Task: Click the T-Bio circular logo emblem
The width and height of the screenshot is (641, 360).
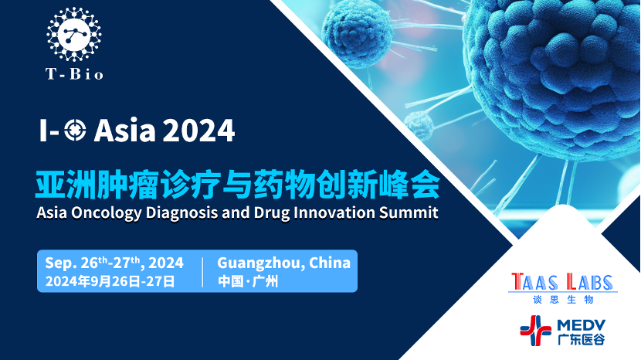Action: tap(74, 34)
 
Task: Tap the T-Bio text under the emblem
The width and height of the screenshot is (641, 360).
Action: tap(74, 74)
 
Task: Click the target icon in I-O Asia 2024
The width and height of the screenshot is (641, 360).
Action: tap(75, 131)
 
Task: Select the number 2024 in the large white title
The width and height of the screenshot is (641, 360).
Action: tap(199, 131)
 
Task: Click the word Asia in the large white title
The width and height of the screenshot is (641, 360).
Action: tap(124, 131)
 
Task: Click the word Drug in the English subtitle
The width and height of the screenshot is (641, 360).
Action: tap(271, 213)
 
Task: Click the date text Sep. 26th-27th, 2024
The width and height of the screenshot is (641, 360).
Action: tap(114, 263)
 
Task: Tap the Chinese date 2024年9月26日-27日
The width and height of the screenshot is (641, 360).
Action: tap(110, 281)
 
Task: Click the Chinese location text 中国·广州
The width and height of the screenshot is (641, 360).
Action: tap(248, 281)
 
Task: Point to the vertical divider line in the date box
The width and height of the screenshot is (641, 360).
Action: tap(203, 272)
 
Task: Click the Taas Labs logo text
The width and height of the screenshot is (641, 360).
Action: tap(562, 282)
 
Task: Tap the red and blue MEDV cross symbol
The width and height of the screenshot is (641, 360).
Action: tap(535, 330)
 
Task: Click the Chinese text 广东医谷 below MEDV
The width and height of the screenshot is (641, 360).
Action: tap(581, 339)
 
